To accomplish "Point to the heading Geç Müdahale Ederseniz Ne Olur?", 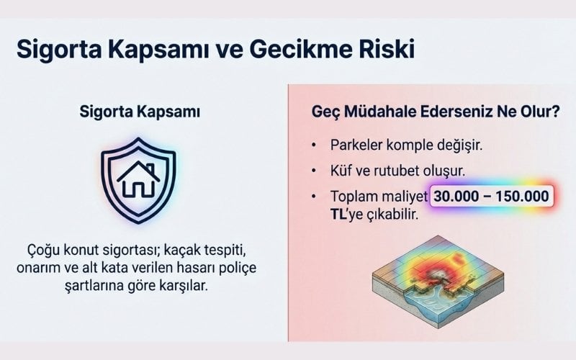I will click(x=427, y=113).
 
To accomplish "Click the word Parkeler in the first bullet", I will click(x=359, y=144).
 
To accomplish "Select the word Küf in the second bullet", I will click(x=341, y=170).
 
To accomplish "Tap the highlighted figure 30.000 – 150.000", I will click(x=491, y=196).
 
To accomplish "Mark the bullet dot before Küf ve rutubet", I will click(x=315, y=171).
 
